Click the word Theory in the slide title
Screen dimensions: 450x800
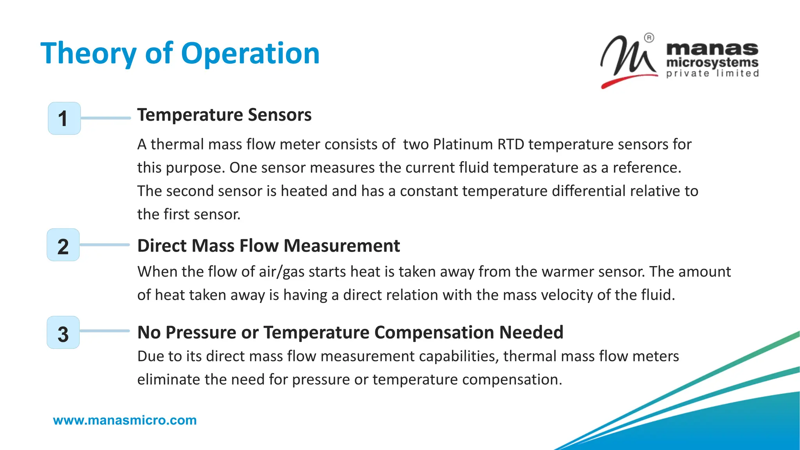tap(88, 54)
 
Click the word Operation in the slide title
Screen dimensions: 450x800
tap(250, 54)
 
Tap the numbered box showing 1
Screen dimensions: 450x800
tap(64, 118)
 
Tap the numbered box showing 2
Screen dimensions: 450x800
tap(63, 245)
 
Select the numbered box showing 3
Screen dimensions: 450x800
tap(63, 332)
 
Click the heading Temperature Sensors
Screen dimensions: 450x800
tap(224, 115)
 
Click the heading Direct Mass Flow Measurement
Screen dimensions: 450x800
tap(268, 246)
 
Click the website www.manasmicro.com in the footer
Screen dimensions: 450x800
tap(125, 420)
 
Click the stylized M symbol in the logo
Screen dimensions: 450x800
tap(627, 59)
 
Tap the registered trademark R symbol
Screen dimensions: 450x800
tap(649, 38)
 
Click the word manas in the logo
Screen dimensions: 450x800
tap(712, 49)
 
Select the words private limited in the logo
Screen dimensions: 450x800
tap(712, 73)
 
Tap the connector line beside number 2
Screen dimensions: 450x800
tap(105, 245)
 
